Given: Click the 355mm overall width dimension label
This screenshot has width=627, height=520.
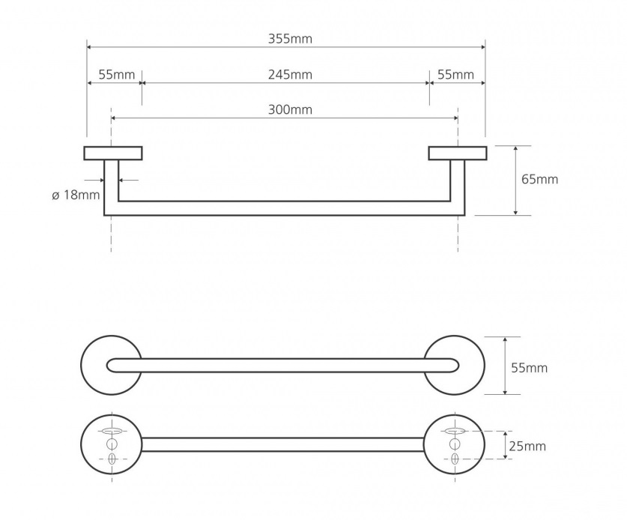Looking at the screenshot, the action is pos(290,39).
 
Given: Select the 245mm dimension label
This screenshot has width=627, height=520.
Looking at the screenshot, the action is pos(290,75).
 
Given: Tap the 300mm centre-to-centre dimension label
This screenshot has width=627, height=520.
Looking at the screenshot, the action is pos(290,109).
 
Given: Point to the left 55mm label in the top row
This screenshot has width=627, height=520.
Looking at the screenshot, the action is pos(117,75).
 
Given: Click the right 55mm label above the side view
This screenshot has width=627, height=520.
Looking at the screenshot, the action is pos(455,75).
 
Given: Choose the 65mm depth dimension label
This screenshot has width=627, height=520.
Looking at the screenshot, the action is pos(539,179).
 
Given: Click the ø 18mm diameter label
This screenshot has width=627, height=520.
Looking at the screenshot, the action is pos(76,196).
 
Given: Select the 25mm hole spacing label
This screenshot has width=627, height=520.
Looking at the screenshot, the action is pos(527,446).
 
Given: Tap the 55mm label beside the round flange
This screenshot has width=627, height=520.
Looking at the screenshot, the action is pos(529,368).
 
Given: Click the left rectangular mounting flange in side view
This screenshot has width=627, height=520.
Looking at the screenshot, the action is pos(113,153).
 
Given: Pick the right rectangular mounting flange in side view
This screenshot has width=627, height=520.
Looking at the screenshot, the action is pos(458,153).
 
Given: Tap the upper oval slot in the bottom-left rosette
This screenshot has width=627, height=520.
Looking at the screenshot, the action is pos(112,431).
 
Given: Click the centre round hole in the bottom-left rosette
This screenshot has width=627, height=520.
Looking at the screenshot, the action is pos(112,444).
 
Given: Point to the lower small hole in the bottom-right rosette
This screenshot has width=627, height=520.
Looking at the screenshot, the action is pos(455,459).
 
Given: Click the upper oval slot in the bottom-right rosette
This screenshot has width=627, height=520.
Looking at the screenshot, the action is pos(455,431).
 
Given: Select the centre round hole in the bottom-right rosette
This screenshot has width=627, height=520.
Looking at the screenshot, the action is pos(455,444).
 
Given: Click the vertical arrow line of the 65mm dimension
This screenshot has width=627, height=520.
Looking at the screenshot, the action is pos(516,181).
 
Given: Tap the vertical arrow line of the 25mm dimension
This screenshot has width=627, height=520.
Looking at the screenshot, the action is pos(506,445).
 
